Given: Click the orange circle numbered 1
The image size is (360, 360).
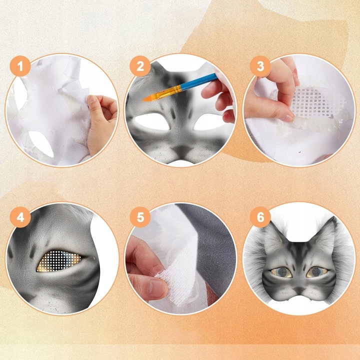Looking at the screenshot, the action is click(x=20, y=66).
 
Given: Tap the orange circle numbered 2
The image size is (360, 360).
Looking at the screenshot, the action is click(x=140, y=66).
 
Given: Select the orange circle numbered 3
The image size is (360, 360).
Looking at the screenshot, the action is click(x=260, y=66).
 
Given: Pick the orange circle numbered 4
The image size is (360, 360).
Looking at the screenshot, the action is click(x=20, y=217).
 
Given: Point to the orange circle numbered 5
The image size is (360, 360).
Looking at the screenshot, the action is click(x=140, y=217).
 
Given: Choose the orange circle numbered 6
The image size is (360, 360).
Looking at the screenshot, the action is click(x=260, y=217).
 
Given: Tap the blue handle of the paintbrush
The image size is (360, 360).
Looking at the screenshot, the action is click(x=199, y=81).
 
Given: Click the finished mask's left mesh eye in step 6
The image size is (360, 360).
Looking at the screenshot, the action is click(x=281, y=272).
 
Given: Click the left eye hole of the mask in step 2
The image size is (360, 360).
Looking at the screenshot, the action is click(x=152, y=121).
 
